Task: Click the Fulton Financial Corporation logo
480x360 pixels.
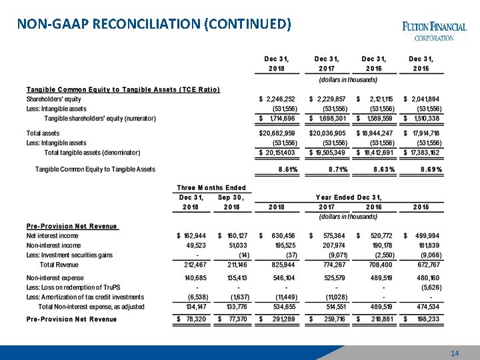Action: pyautogui.click(x=434, y=31)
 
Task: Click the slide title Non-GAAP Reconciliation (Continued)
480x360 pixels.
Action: pyautogui.click(x=154, y=25)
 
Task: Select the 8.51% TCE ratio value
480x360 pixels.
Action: pyautogui.click(x=288, y=170)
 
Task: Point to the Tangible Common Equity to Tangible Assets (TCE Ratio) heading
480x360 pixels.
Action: pyautogui.click(x=123, y=90)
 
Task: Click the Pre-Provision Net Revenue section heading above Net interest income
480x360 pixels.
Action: pyautogui.click(x=72, y=226)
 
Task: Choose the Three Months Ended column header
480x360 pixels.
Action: pyautogui.click(x=211, y=188)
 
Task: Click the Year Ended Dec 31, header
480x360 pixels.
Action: pyautogui.click(x=349, y=197)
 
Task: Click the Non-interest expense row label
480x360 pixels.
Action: pyautogui.click(x=55, y=277)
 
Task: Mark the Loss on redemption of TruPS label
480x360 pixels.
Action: pyautogui.click(x=73, y=287)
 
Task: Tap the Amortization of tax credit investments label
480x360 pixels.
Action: pyautogui.click(x=85, y=297)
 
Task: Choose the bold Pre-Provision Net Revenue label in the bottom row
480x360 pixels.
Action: pyautogui.click(x=71, y=319)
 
